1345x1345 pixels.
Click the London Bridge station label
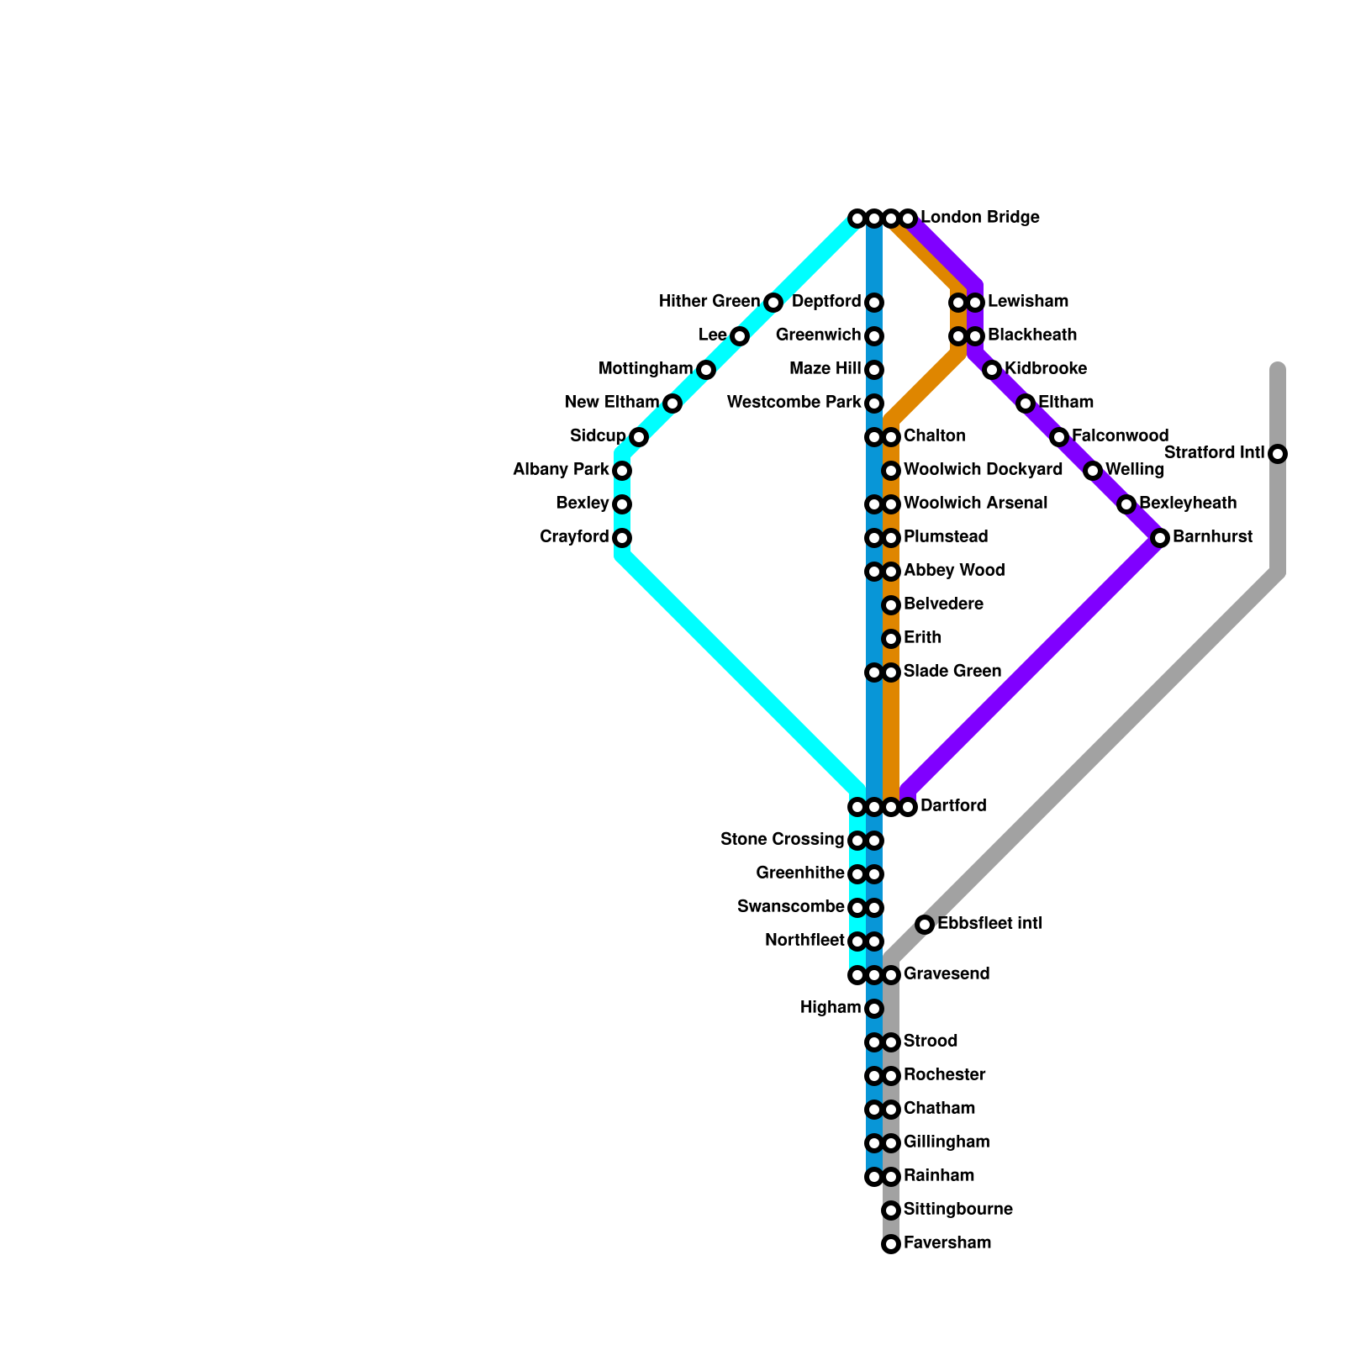tap(979, 218)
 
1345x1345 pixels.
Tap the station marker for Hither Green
tap(773, 303)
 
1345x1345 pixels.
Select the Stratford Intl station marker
tap(1278, 454)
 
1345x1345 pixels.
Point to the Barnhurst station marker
tap(1160, 538)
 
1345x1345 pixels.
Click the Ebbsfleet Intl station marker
tap(925, 925)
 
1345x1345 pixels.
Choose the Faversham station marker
tap(891, 1244)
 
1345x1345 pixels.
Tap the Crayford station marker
tap(622, 538)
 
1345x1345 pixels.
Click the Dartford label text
tap(953, 806)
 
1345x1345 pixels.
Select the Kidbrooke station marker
tap(992, 370)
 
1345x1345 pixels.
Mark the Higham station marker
tap(874, 1009)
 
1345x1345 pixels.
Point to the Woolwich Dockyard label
tap(983, 470)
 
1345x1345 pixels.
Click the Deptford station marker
tap(874, 303)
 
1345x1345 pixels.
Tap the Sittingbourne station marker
tap(891, 1210)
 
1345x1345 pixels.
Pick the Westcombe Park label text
tap(794, 403)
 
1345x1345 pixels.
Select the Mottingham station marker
tap(706, 370)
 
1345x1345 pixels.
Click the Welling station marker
tap(1093, 471)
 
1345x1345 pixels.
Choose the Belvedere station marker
tap(891, 605)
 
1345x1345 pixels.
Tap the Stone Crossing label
tap(782, 840)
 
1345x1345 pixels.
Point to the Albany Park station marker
tap(622, 471)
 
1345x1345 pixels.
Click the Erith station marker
tap(891, 639)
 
